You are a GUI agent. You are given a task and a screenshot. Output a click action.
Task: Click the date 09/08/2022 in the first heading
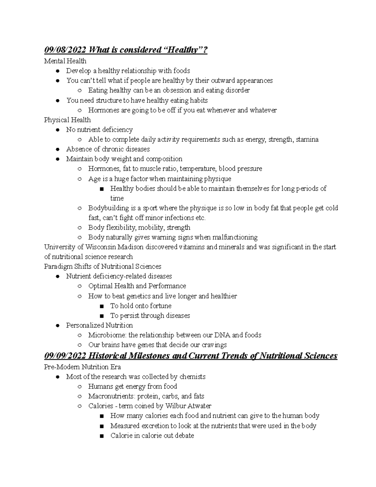point(65,50)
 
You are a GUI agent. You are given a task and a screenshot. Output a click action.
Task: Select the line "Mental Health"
point(65,61)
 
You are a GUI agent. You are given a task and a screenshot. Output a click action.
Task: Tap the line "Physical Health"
point(67,120)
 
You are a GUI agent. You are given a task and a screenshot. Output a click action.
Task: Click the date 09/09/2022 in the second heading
point(65,356)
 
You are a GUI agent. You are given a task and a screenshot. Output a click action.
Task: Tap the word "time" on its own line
point(117,198)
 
